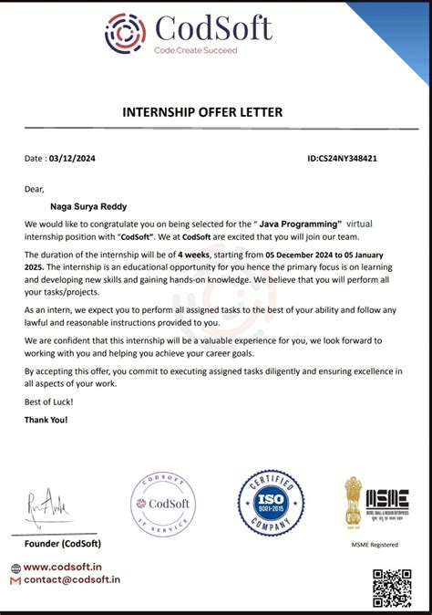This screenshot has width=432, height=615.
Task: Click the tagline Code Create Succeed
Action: pos(196,50)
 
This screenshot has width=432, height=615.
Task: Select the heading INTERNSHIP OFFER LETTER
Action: pos(215,112)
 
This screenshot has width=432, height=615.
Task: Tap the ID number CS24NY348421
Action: pos(343,158)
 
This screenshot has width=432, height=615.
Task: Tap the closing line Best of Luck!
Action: pos(48,401)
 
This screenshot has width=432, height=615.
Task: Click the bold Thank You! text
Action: pos(46,420)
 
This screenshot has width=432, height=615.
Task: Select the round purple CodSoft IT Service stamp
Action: pos(162,506)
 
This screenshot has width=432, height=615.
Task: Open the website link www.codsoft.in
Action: pos(67,566)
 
